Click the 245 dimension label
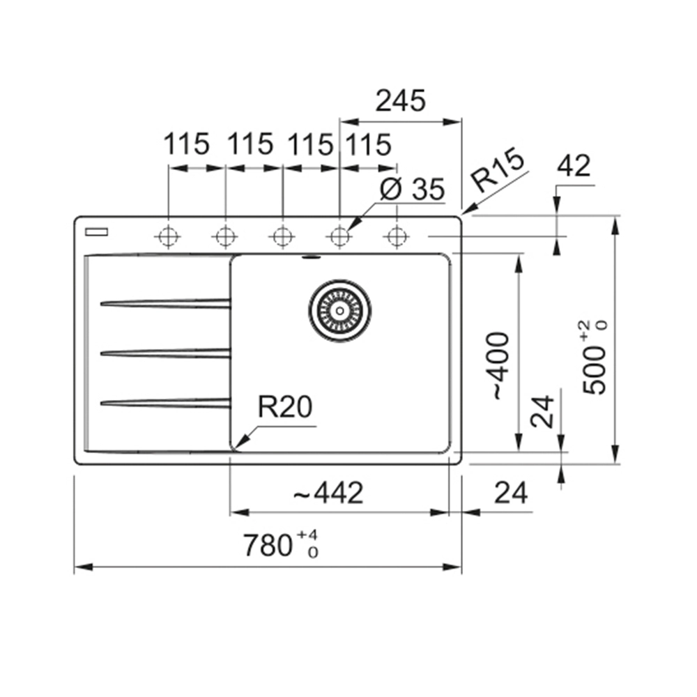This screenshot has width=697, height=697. [401, 101]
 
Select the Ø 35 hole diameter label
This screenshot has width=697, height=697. [412, 189]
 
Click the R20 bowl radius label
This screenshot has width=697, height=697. [285, 407]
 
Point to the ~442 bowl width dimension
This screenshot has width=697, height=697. [328, 493]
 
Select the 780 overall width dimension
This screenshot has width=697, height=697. [280, 544]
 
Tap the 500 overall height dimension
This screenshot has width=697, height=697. [595, 357]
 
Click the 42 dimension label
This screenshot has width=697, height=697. [574, 166]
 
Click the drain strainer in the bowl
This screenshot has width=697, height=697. [340, 311]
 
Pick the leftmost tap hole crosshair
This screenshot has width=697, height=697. [168, 236]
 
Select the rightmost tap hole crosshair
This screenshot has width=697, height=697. [396, 236]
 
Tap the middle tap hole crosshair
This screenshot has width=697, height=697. [282, 236]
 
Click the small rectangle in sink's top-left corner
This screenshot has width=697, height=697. [96, 231]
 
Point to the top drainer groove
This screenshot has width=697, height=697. [165, 304]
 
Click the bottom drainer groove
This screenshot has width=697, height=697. [165, 403]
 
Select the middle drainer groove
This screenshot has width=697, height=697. [165, 353]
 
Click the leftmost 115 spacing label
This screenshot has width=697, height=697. [186, 144]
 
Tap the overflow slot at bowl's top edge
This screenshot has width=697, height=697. [311, 256]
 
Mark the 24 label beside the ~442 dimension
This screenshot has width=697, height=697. [511, 493]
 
